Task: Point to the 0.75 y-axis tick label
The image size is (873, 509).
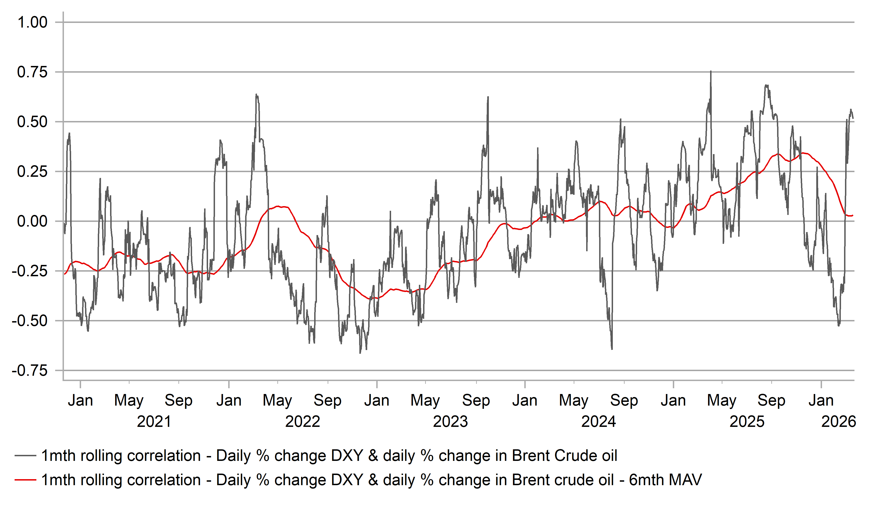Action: pos(32,72)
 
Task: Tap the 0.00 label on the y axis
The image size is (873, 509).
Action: pos(32,221)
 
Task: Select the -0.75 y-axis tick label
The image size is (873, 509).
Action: pos(30,371)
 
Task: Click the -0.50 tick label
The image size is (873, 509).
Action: pos(30,321)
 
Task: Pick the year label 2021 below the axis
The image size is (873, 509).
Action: pos(154,422)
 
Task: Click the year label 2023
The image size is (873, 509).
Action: pos(450,422)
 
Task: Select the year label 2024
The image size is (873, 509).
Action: pos(599,422)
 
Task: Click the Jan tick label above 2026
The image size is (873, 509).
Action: pos(821,400)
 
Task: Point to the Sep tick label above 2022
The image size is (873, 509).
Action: pos(327,400)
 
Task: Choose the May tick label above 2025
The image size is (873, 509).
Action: pos(722,400)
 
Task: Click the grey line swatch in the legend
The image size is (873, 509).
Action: pos(25,456)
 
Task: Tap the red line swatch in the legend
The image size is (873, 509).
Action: pos(25,480)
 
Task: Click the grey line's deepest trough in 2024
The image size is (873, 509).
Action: pos(612,349)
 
